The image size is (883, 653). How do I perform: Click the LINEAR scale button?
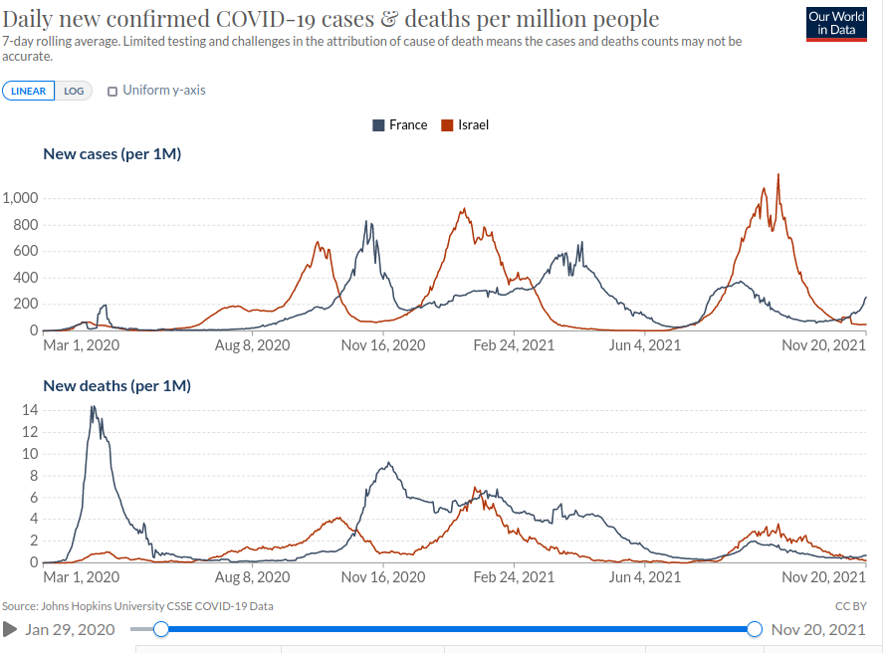(x=28, y=91)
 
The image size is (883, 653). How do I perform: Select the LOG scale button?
(x=74, y=91)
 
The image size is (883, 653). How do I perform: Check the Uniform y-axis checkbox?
(x=112, y=91)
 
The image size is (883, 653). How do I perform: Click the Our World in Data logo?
(x=835, y=24)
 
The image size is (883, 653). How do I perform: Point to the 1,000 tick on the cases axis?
(x=20, y=198)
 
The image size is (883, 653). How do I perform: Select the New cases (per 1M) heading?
(x=111, y=153)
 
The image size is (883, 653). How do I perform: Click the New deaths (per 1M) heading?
(x=116, y=385)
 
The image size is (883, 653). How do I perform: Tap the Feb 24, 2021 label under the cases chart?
(x=513, y=345)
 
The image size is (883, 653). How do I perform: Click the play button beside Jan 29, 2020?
(x=10, y=629)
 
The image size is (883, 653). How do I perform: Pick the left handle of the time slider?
(x=161, y=629)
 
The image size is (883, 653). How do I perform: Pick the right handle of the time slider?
(x=755, y=629)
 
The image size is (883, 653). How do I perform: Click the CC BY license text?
(x=851, y=606)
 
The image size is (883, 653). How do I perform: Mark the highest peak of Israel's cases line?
(x=777, y=175)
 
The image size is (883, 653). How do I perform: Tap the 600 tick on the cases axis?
(x=26, y=251)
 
